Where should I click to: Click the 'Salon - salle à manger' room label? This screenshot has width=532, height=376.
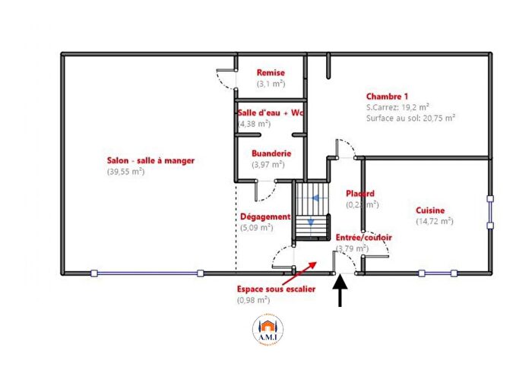(150, 160)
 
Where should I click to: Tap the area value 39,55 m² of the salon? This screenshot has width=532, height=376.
(126, 172)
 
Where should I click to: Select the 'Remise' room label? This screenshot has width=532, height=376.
(271, 72)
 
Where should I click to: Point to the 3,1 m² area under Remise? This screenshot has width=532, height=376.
(271, 84)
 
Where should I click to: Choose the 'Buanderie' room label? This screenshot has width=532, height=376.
(271, 153)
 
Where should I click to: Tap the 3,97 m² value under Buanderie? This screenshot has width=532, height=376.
(271, 164)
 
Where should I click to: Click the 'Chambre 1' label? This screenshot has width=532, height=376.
(387, 96)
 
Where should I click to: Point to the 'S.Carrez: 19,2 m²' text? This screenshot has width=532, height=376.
(397, 107)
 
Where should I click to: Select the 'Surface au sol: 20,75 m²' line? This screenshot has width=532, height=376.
(410, 118)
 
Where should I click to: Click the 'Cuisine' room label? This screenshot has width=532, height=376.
(430, 210)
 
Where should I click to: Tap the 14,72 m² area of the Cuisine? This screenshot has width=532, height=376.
(434, 221)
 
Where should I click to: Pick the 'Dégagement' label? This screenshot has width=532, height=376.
(265, 216)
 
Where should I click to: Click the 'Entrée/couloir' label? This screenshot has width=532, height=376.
(364, 237)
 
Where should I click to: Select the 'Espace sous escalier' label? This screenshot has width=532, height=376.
(275, 289)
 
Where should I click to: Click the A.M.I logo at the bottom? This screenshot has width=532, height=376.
(266, 329)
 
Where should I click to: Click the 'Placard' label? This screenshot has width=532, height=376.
(360, 194)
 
